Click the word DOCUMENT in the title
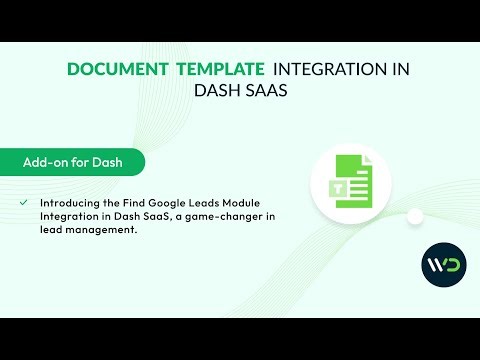point(115,69)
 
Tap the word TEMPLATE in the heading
point(219,69)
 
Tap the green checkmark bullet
point(23,202)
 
